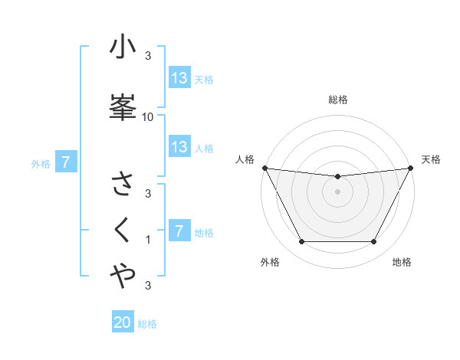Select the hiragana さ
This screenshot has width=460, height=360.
(x=123, y=185)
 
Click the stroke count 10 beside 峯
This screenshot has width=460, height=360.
(x=148, y=116)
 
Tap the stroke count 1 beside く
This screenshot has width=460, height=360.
(x=148, y=240)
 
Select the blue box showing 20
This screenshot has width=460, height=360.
(x=123, y=323)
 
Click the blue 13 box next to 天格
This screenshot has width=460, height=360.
(x=179, y=78)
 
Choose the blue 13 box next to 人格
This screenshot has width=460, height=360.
(x=179, y=147)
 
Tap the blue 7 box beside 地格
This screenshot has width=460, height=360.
(x=179, y=231)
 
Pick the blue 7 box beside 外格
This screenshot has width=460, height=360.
(x=66, y=162)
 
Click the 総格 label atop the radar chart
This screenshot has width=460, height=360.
(x=338, y=100)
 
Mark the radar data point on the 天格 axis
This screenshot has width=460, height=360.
(x=411, y=168)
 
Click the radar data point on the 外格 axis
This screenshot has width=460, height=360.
(x=301, y=242)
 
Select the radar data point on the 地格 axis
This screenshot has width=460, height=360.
(x=374, y=242)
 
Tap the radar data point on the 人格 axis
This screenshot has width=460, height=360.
(x=264, y=168)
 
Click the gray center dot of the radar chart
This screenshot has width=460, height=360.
(x=338, y=191)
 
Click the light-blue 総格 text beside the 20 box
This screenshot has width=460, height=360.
(x=147, y=324)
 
